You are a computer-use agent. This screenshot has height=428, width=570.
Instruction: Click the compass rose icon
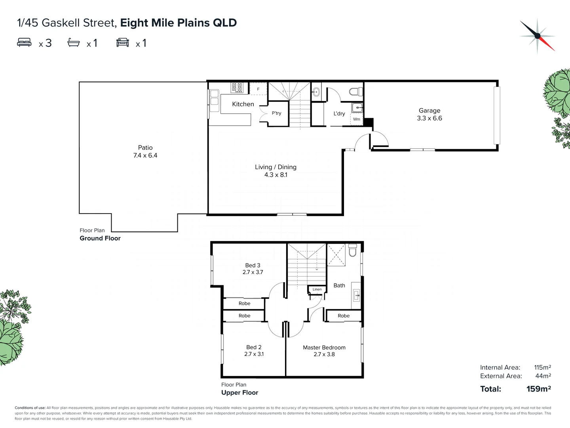click(x=537, y=36)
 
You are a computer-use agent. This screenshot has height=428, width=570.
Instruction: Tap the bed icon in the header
click(x=24, y=42)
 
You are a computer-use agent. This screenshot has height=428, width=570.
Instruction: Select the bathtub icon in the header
click(x=74, y=42)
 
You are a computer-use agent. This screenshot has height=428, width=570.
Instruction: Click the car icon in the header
click(x=123, y=42)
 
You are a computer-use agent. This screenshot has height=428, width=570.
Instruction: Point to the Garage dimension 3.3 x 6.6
click(x=429, y=118)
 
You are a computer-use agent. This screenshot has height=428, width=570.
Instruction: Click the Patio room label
click(x=145, y=147)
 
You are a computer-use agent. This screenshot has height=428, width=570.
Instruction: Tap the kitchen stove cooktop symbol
click(x=237, y=88)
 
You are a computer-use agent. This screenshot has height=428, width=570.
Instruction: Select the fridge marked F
click(x=258, y=89)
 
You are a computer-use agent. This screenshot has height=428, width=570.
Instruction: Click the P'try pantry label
click(x=276, y=113)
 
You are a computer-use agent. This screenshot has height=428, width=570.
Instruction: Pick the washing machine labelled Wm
click(x=357, y=119)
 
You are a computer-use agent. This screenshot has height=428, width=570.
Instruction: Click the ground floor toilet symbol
click(x=355, y=92)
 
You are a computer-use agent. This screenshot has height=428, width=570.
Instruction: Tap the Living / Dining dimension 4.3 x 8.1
click(x=275, y=175)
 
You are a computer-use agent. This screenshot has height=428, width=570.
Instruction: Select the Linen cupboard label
click(x=317, y=289)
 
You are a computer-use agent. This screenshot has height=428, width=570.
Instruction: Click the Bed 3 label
click(x=253, y=265)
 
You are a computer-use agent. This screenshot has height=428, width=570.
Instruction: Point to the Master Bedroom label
click(x=324, y=348)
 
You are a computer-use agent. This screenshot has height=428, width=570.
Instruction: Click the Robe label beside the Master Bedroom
click(x=344, y=316)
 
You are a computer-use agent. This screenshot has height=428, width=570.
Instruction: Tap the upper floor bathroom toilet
click(x=353, y=251)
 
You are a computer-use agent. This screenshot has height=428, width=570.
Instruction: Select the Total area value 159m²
click(x=538, y=389)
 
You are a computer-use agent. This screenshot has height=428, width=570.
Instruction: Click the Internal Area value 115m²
click(x=542, y=367)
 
